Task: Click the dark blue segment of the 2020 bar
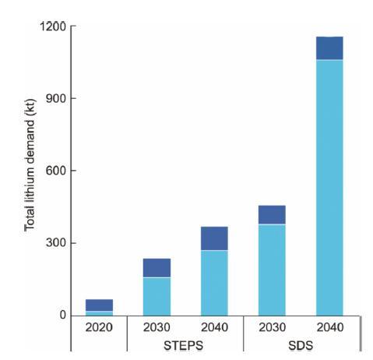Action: (99, 305)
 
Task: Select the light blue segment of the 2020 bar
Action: (99, 313)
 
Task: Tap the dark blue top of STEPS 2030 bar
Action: (157, 268)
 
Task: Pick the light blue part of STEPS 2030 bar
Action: (157, 297)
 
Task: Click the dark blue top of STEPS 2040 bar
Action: (214, 238)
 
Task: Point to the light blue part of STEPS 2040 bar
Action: (214, 283)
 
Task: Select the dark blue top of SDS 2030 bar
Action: (272, 214)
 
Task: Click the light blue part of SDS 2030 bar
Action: (272, 270)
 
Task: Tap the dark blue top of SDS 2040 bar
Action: (329, 48)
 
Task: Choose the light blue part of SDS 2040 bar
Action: (329, 188)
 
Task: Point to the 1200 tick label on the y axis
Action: (53, 26)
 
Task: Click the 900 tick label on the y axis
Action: (56, 98)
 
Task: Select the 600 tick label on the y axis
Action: (56, 171)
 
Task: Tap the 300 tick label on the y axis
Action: (56, 243)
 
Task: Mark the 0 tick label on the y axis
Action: (63, 315)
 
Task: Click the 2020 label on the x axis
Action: (99, 327)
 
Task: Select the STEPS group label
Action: (184, 346)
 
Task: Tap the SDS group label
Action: (301, 346)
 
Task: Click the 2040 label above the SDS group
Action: (330, 327)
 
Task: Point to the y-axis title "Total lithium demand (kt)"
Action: (30, 165)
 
